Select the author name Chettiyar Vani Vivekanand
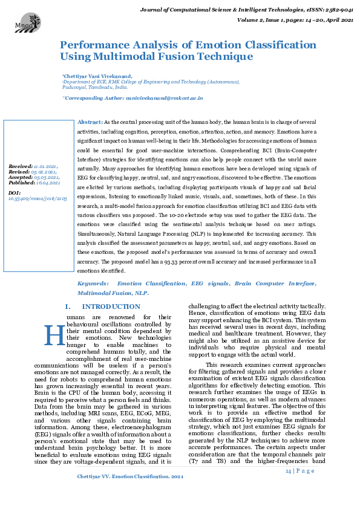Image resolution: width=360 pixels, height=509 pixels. click(x=98, y=77)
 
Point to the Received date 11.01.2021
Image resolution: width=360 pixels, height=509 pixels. click(x=46, y=166)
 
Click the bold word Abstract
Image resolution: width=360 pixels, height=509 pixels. click(x=90, y=122)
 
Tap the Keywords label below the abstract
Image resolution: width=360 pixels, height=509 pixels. click(x=93, y=283)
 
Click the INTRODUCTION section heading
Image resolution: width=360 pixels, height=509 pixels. click(x=111, y=307)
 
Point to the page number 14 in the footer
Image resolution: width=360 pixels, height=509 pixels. click(x=289, y=470)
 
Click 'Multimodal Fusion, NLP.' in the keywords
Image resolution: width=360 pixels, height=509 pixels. click(x=113, y=292)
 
